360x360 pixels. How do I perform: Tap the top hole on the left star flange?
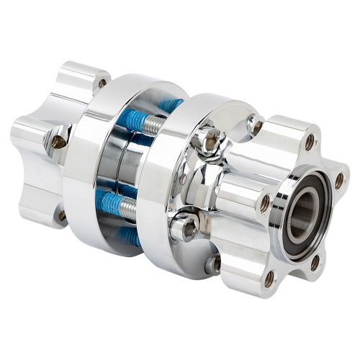click(x=102, y=84)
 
